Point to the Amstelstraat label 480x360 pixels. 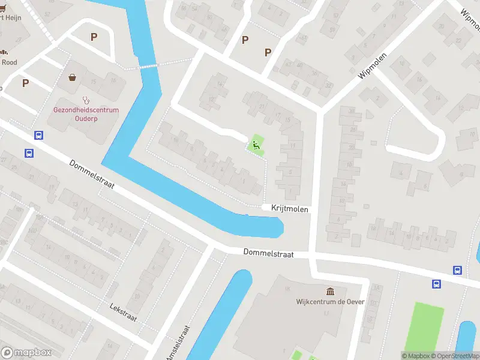pos(178,344)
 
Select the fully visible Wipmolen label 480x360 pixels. pos(373,67)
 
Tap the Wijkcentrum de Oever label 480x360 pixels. pos(330,302)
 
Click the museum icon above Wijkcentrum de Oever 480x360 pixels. pos(330,291)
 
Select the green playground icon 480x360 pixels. pos(256,144)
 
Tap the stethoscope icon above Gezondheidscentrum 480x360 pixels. pos(86,100)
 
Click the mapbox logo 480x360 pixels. pos(26,353)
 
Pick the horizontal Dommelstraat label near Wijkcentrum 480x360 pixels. pos(268,254)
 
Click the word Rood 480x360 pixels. pos(9,62)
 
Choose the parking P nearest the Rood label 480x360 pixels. pos(25,83)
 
